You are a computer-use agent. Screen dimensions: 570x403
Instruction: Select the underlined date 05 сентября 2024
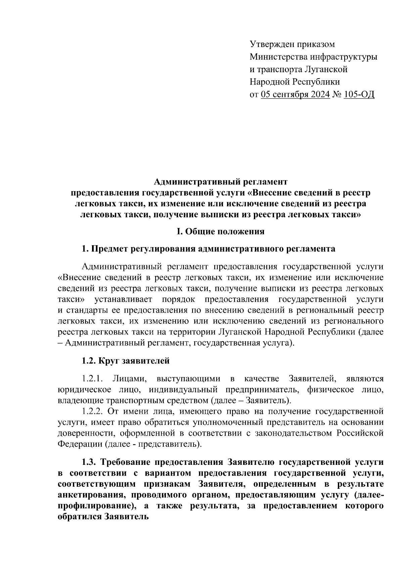pos(295,95)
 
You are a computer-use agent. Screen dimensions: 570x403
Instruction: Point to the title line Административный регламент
pos(221,182)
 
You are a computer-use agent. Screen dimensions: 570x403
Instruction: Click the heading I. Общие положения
pos(221,231)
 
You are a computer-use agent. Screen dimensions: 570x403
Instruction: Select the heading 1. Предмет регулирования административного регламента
pos(209,249)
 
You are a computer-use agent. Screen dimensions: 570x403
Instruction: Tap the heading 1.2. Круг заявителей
pos(126,361)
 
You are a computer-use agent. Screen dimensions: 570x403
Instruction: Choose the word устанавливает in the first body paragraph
pos(123,299)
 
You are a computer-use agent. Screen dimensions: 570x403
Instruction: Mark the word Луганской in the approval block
pos(326,70)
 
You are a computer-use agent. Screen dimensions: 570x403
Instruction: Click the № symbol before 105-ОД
pos(337,95)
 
